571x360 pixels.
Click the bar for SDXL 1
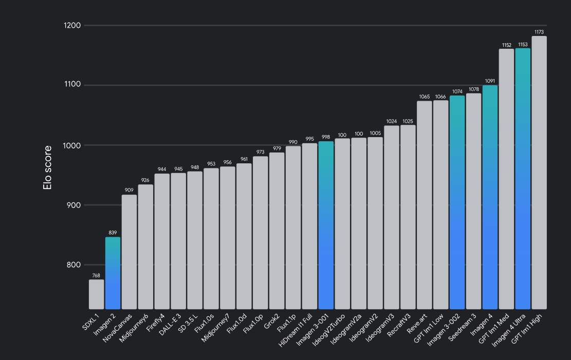click(96, 294)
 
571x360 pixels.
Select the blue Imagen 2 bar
click(113, 273)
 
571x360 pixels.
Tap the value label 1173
click(539, 32)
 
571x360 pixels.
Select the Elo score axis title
click(48, 168)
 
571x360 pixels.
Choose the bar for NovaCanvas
click(129, 252)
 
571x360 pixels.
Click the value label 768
click(96, 276)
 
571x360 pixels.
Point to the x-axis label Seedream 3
click(463, 329)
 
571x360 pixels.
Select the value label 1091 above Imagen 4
click(490, 81)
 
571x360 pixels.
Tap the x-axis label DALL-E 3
click(170, 327)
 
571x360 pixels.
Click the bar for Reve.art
click(424, 205)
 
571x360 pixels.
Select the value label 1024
click(392, 122)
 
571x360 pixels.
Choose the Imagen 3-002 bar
click(457, 202)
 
